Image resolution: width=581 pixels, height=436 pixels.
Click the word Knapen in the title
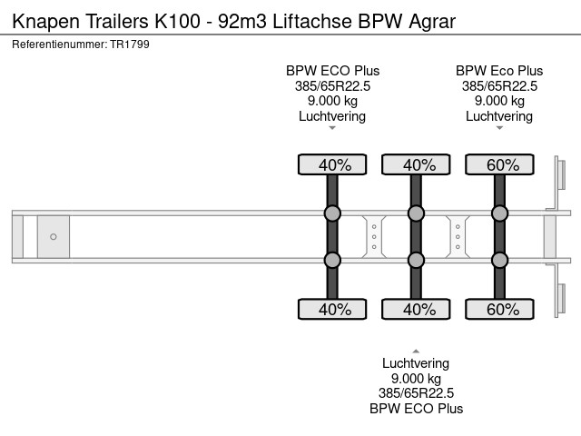tap(46, 22)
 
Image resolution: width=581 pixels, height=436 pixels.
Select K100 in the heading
tap(178, 21)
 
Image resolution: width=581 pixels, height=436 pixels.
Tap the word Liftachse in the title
tap(312, 21)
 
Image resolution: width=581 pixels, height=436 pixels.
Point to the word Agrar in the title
tap(432, 22)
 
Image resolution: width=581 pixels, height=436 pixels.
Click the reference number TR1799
tap(130, 45)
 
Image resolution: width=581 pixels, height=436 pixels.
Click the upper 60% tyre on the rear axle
tap(499, 164)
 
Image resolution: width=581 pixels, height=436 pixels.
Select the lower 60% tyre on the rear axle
tap(499, 309)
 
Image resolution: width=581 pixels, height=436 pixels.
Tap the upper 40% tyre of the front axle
tap(332, 164)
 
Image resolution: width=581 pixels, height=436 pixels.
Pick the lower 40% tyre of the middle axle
tap(416, 309)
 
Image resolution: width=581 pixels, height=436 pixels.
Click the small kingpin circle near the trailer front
tap(54, 236)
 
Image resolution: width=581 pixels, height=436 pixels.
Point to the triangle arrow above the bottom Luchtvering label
tap(416, 352)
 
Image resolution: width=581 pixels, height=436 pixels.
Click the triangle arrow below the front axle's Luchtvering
tap(332, 128)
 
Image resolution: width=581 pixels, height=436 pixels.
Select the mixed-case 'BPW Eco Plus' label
tap(499, 71)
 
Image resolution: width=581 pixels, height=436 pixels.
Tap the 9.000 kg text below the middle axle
tap(416, 379)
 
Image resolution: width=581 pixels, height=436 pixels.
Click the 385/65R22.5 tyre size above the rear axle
tap(499, 86)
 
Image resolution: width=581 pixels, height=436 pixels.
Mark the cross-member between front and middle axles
tap(374, 236)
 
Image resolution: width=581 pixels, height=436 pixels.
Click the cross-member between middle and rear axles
tap(458, 236)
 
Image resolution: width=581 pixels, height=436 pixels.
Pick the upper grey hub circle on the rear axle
tap(499, 213)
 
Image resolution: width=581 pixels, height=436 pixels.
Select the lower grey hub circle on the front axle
tap(332, 261)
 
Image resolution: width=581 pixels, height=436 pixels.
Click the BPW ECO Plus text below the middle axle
tap(416, 409)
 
